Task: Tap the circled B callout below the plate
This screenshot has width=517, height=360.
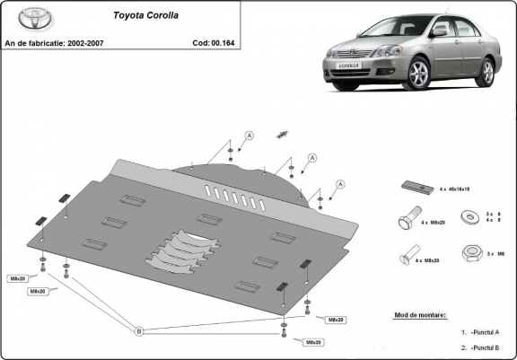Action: (139, 331)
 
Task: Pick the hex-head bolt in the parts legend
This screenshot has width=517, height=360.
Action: (407, 220)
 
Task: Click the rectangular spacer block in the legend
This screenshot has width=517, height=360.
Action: (414, 187)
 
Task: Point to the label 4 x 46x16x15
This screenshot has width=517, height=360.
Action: (455, 190)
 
